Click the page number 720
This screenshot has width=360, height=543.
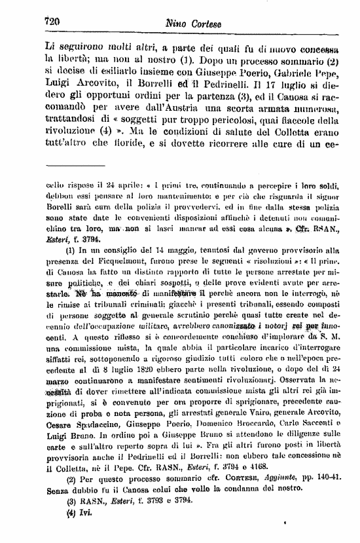pyautogui.click(x=52, y=20)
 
